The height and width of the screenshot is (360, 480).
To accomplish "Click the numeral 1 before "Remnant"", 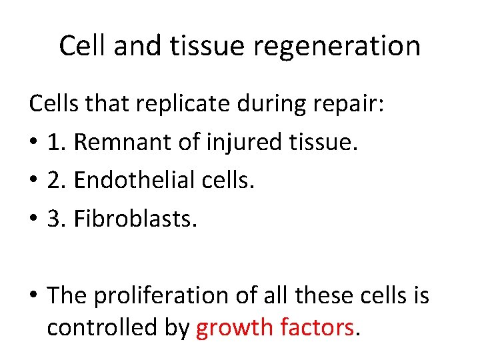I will click(54, 142).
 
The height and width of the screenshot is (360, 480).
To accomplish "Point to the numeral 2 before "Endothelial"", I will click(54, 179).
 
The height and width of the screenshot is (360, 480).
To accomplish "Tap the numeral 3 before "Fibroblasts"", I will click(54, 217).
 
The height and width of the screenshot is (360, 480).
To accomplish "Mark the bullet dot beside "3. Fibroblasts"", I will click(33, 217).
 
